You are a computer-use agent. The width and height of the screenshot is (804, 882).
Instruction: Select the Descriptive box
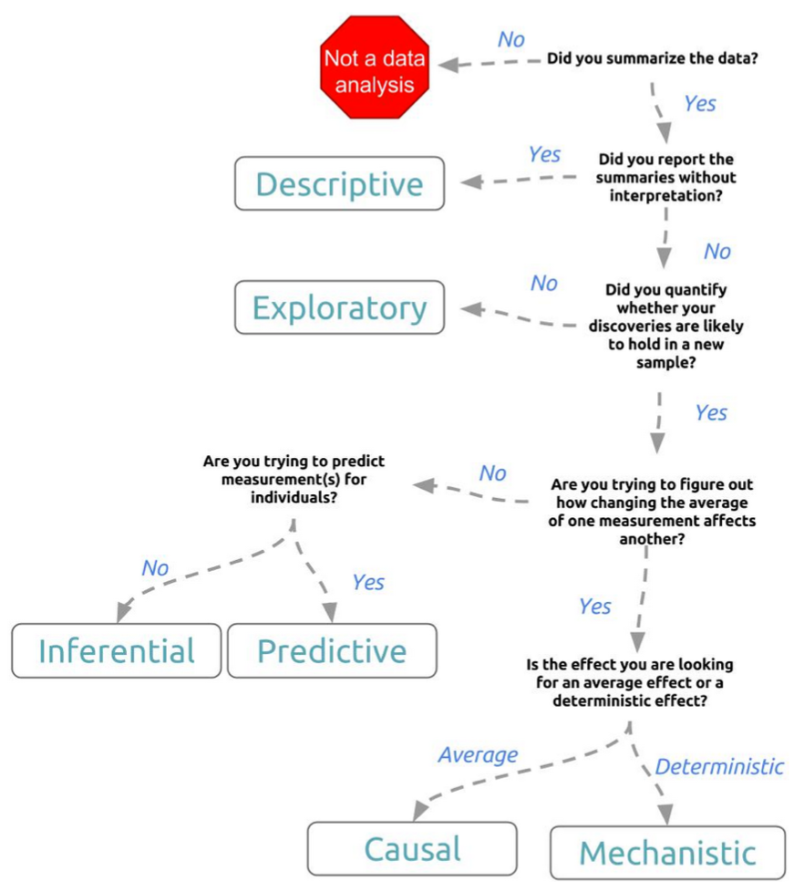click(339, 184)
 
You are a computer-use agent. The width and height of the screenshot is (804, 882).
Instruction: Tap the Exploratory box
click(339, 307)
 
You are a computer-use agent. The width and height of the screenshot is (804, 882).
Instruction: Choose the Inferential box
click(117, 650)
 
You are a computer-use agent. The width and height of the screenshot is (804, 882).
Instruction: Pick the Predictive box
click(332, 650)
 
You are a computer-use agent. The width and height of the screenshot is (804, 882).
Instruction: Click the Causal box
click(412, 848)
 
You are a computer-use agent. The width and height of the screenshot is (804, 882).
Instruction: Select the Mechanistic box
click(667, 853)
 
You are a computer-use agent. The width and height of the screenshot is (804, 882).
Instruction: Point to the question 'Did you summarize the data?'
click(654, 58)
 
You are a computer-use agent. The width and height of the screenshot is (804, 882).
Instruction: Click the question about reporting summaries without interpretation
click(667, 178)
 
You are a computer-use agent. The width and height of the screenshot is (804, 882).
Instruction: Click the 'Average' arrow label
click(478, 754)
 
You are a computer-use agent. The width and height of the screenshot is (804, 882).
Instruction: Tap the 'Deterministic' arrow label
click(719, 766)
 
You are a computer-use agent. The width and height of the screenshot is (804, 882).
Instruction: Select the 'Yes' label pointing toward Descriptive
click(544, 154)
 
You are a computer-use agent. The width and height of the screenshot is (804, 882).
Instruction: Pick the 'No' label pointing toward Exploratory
click(544, 284)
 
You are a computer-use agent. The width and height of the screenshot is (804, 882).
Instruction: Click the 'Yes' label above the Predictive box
click(368, 582)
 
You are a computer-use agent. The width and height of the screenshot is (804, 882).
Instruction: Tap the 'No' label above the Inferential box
click(155, 568)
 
